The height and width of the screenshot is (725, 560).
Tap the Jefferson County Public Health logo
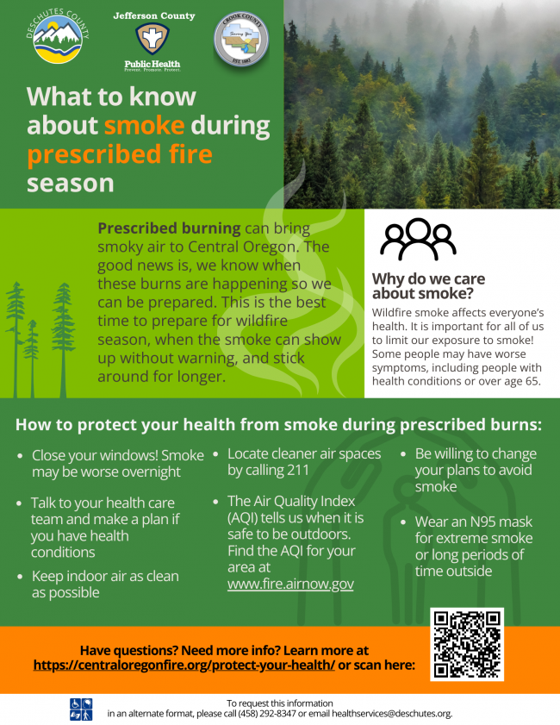(153, 41)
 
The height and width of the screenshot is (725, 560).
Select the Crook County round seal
(240, 40)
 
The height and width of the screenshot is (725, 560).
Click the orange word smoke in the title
(144, 126)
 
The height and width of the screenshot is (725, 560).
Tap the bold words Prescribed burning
(169, 228)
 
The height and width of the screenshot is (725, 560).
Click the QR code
(466, 644)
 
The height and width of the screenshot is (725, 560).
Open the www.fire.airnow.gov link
(290, 584)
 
